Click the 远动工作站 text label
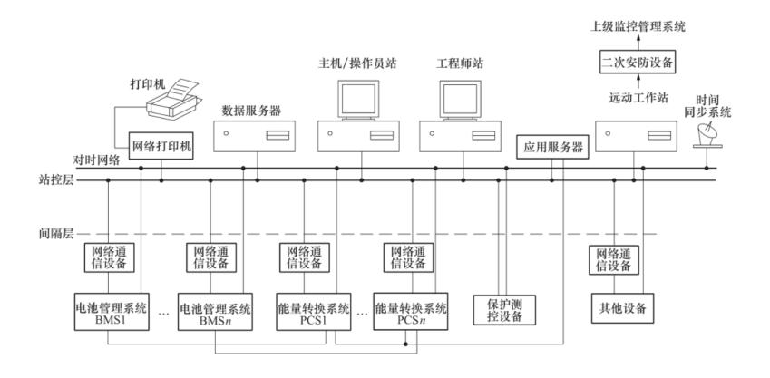[638, 95]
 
